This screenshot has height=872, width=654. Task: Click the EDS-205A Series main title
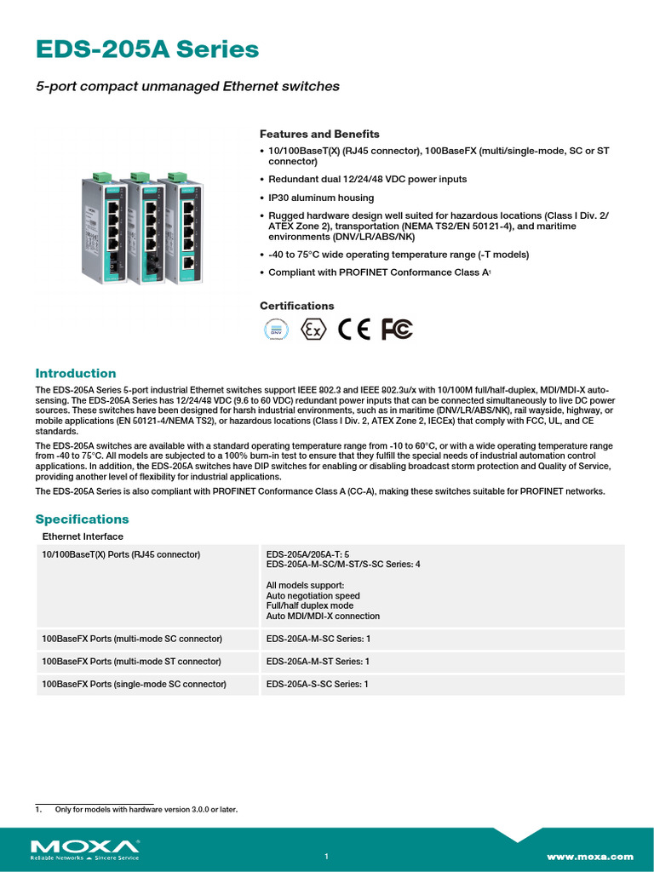click(x=146, y=50)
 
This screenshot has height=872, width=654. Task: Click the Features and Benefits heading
click(x=319, y=135)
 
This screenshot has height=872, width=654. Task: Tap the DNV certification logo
click(x=275, y=330)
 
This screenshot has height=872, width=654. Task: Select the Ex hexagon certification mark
click(x=313, y=330)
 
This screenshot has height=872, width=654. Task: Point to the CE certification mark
click(x=354, y=330)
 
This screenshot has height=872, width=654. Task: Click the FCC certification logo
click(x=397, y=330)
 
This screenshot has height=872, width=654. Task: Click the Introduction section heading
click(x=75, y=373)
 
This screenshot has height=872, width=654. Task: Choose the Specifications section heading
click(x=82, y=519)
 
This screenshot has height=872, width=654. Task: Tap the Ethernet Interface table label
click(x=83, y=536)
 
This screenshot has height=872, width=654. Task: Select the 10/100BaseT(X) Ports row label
click(x=121, y=554)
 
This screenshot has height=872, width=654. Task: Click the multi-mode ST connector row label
click(x=131, y=662)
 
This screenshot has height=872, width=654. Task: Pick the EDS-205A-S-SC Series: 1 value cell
click(x=317, y=684)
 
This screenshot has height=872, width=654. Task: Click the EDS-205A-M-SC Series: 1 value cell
click(x=318, y=639)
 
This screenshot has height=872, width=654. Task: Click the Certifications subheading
click(x=296, y=306)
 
